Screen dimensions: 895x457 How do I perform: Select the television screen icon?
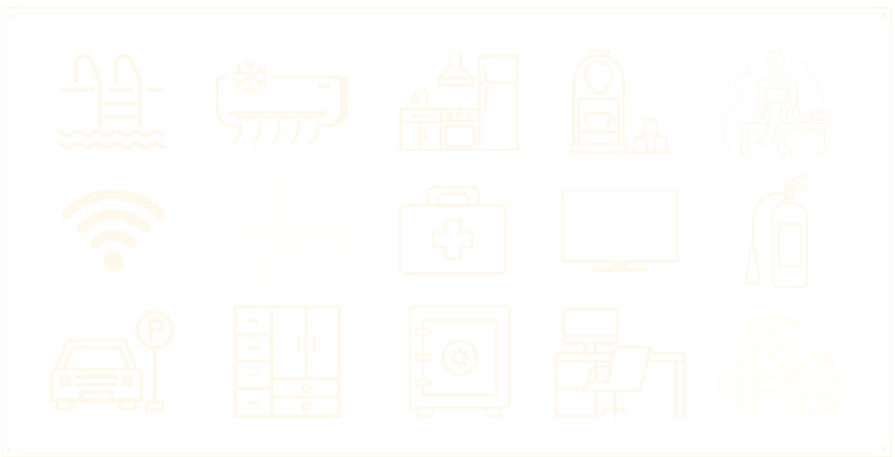coord(620,226)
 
